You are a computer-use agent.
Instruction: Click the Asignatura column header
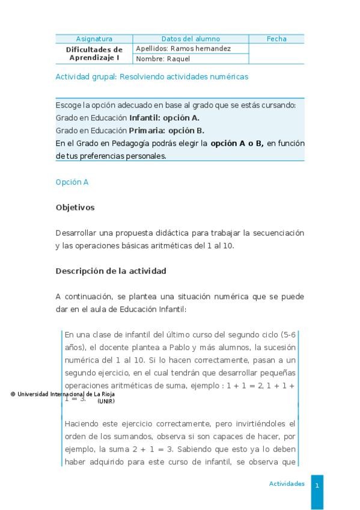[94, 39]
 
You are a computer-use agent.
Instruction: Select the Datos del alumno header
[191, 39]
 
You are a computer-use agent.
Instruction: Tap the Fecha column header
[276, 39]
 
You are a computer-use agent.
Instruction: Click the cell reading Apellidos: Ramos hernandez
[183, 49]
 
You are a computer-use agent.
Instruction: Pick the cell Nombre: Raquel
[163, 59]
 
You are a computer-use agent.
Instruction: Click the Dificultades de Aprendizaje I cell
[94, 54]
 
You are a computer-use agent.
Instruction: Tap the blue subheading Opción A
[72, 182]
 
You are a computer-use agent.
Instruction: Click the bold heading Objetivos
[75, 207]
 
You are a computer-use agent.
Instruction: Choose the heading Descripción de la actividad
[111, 271]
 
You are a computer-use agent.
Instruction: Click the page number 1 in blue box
[317, 485]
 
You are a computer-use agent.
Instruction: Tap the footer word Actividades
[287, 484]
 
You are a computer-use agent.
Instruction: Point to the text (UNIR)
[106, 401]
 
